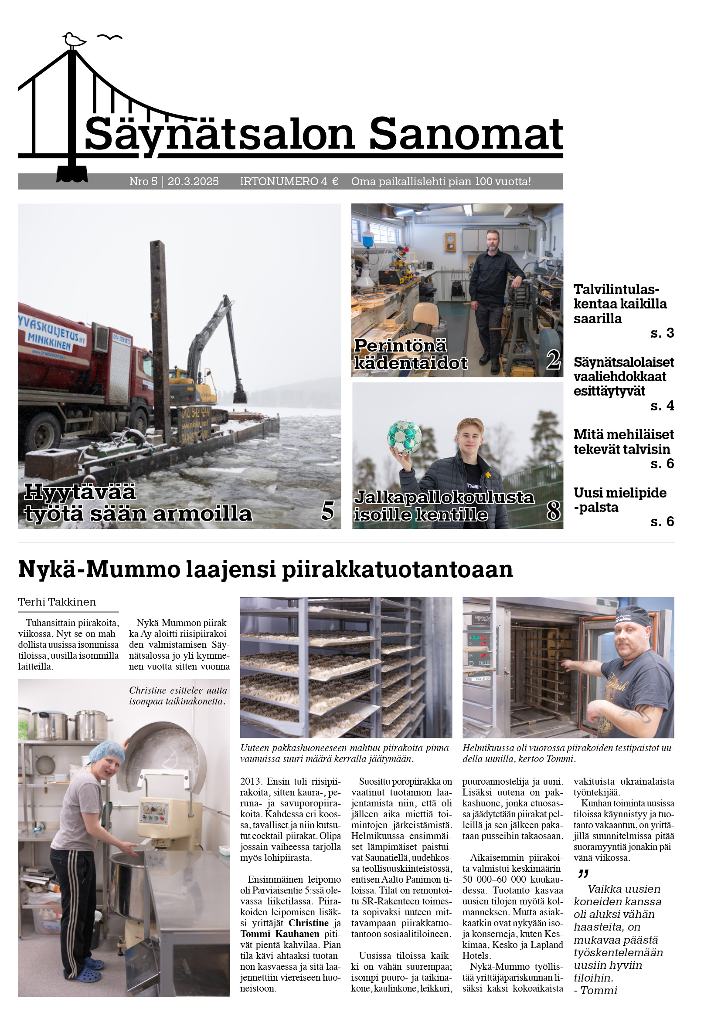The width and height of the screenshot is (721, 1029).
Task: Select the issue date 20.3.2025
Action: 193,182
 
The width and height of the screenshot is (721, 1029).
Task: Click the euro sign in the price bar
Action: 335,182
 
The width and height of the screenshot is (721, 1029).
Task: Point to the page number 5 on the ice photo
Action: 328,511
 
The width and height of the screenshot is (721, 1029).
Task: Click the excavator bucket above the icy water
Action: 240,396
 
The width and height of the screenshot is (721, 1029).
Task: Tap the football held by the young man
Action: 405,437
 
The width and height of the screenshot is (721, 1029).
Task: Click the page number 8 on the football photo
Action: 553,511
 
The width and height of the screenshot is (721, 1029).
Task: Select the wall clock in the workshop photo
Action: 450,242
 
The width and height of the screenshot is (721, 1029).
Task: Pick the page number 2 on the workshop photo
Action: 553,359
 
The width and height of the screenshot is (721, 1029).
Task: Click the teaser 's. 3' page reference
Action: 662,333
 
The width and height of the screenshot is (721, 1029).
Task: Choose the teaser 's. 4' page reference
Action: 662,406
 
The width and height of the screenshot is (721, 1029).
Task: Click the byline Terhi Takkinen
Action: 57,602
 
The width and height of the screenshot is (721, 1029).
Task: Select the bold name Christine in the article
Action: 309,923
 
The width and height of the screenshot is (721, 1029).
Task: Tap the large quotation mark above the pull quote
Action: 583,874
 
